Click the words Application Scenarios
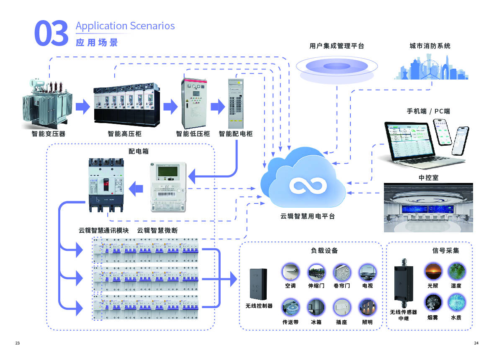click(125, 26)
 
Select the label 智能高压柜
click(124, 134)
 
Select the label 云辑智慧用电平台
click(308, 216)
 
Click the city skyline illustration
click(423, 68)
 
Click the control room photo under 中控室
click(428, 208)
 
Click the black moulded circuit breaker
click(106, 184)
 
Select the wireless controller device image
click(259, 283)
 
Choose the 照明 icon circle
click(367, 307)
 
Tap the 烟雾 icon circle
click(433, 302)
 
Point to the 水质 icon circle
click(456, 302)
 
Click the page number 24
click(476, 343)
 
